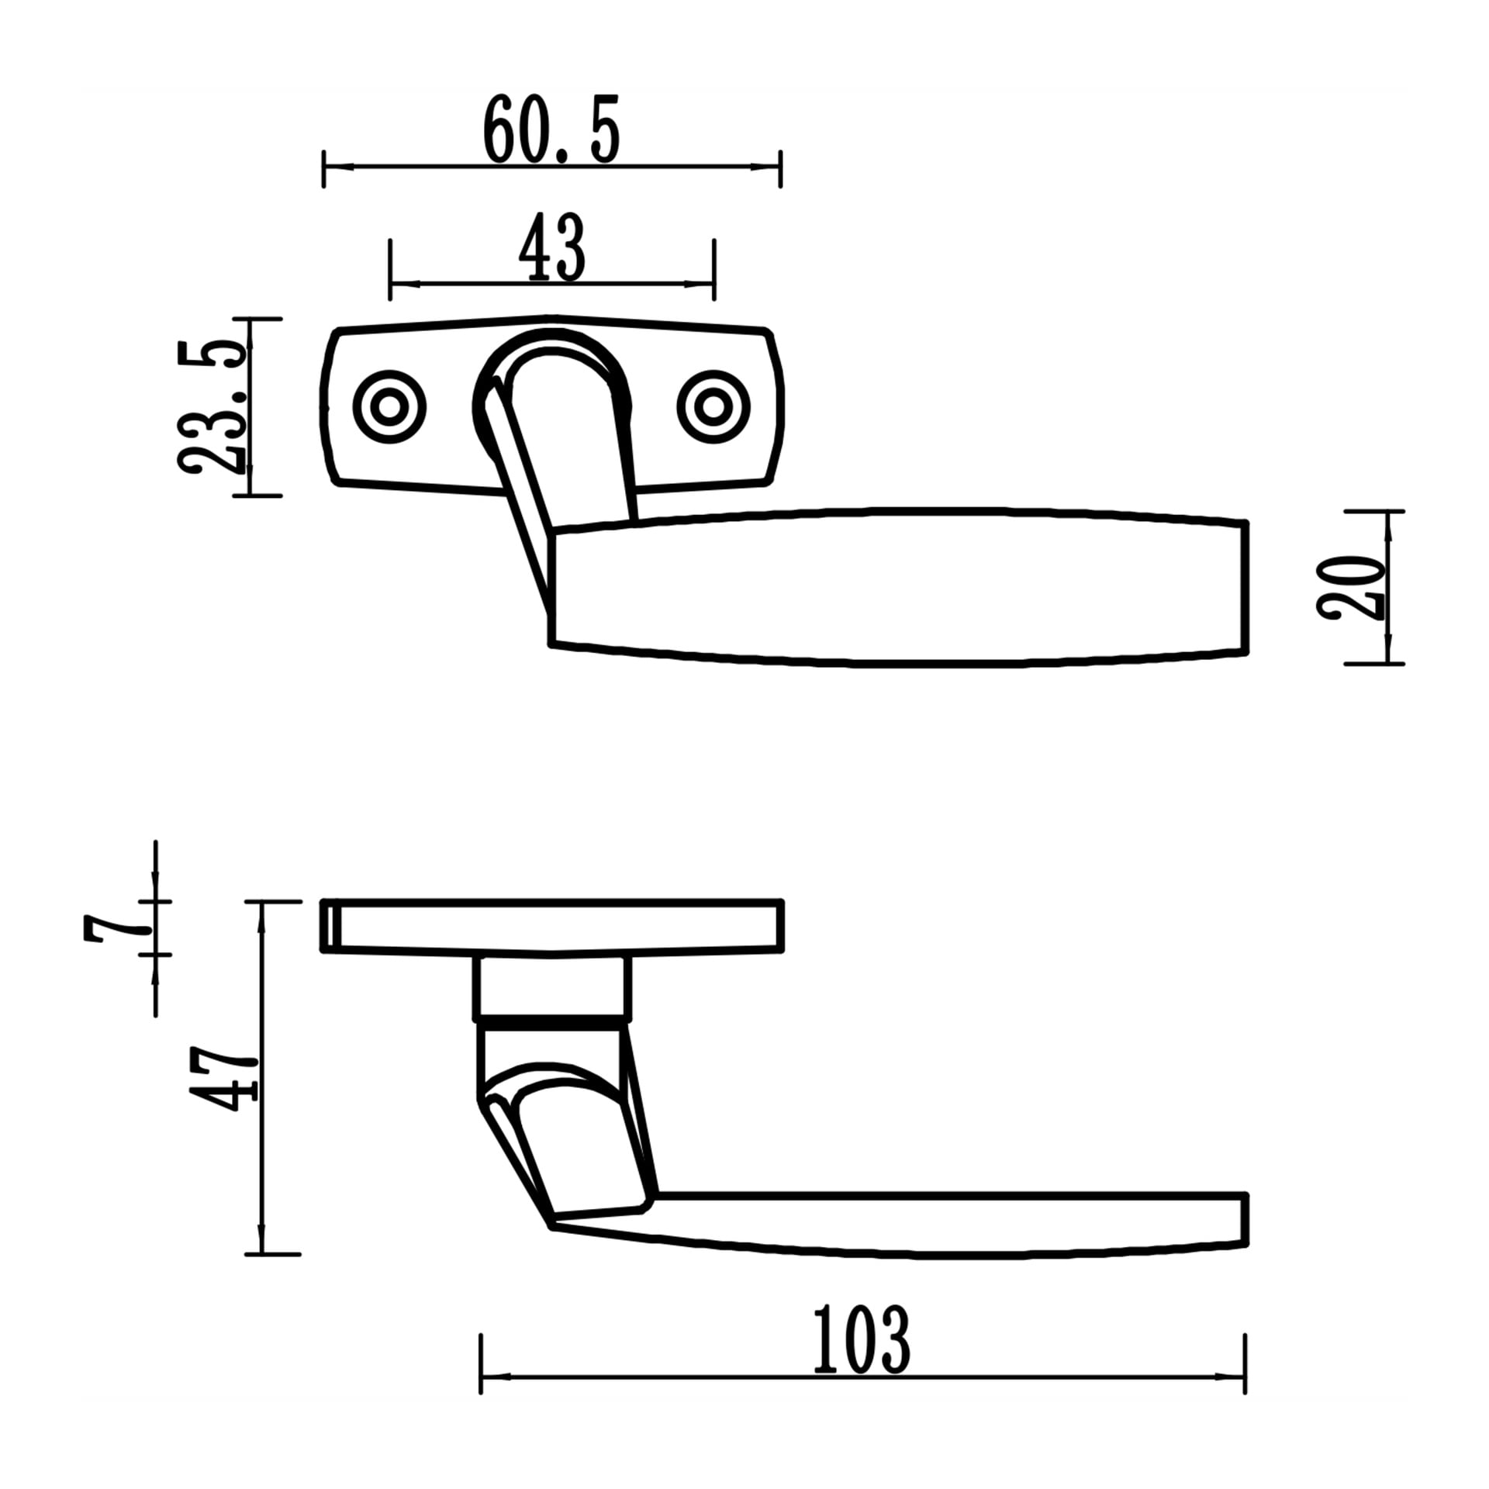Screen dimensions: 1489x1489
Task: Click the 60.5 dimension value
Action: click(551, 130)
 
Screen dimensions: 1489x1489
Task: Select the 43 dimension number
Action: click(551, 248)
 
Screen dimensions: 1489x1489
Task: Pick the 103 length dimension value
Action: click(861, 1339)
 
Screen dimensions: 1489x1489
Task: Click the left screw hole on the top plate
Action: click(389, 407)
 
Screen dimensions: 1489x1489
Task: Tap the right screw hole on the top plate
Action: click(713, 407)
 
